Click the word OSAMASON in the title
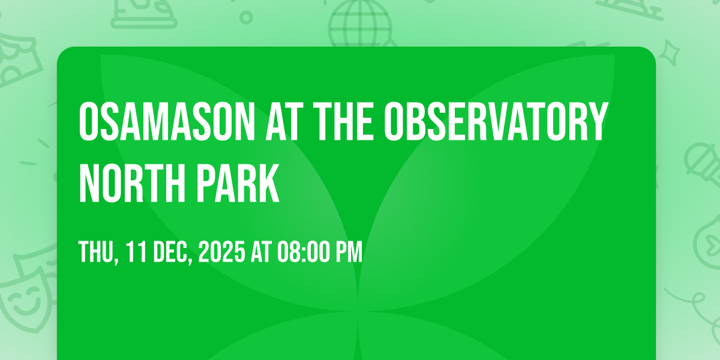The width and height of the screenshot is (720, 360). (x=167, y=121)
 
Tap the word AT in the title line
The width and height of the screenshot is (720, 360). (x=284, y=121)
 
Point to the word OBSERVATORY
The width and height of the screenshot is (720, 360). (x=496, y=121)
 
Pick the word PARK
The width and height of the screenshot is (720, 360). (x=238, y=183)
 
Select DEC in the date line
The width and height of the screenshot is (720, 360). (x=173, y=251)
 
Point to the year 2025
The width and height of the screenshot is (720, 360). (x=222, y=251)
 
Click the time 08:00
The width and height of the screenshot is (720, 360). (x=304, y=251)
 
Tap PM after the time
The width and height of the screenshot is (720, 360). (x=349, y=251)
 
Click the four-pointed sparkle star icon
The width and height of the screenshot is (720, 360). (x=670, y=53)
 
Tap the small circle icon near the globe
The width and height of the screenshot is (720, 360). (x=246, y=17)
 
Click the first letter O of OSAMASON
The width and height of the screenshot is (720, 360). (x=88, y=121)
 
